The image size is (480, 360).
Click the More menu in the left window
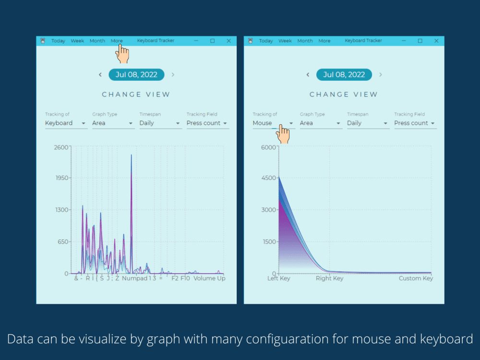117,41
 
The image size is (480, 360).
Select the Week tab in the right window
285,41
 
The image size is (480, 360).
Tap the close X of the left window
228,41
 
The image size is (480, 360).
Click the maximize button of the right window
420,41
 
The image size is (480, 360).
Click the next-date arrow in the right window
381,75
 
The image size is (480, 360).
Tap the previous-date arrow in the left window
100,75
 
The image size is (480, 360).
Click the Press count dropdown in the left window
208,123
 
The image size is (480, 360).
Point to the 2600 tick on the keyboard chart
61,147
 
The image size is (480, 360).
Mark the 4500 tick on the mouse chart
268,178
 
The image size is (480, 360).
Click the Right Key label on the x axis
329,278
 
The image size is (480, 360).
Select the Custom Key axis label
416,278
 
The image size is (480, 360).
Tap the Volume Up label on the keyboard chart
209,278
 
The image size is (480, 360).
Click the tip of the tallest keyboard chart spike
132,155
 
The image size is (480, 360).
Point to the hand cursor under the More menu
122,54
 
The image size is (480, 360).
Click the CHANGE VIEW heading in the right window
344,94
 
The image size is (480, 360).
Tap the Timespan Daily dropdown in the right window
368,123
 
